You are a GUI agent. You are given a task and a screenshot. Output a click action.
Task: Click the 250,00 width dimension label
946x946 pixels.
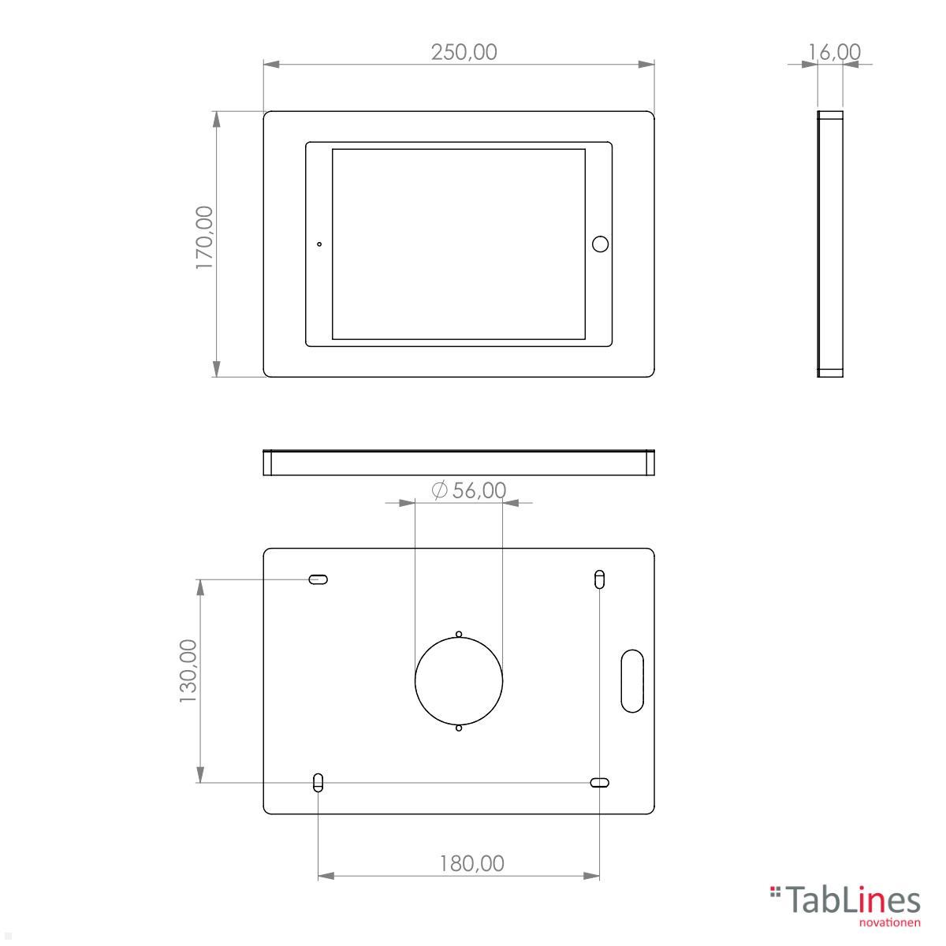click(x=464, y=52)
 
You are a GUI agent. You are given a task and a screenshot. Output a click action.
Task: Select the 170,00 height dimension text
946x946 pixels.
click(x=205, y=237)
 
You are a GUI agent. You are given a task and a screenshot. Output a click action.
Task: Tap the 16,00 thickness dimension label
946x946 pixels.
click(x=834, y=52)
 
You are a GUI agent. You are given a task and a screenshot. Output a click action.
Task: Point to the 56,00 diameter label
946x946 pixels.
click(x=479, y=490)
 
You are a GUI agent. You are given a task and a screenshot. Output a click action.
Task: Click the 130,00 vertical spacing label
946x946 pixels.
click(x=188, y=671)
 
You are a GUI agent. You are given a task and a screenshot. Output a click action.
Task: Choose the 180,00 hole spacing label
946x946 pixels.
click(x=471, y=863)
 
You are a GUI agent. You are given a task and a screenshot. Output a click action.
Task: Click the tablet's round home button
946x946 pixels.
click(x=600, y=244)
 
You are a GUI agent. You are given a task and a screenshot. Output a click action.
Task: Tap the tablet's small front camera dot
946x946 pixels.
click(x=319, y=244)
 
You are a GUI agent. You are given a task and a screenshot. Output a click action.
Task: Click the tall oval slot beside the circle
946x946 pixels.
click(x=631, y=680)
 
